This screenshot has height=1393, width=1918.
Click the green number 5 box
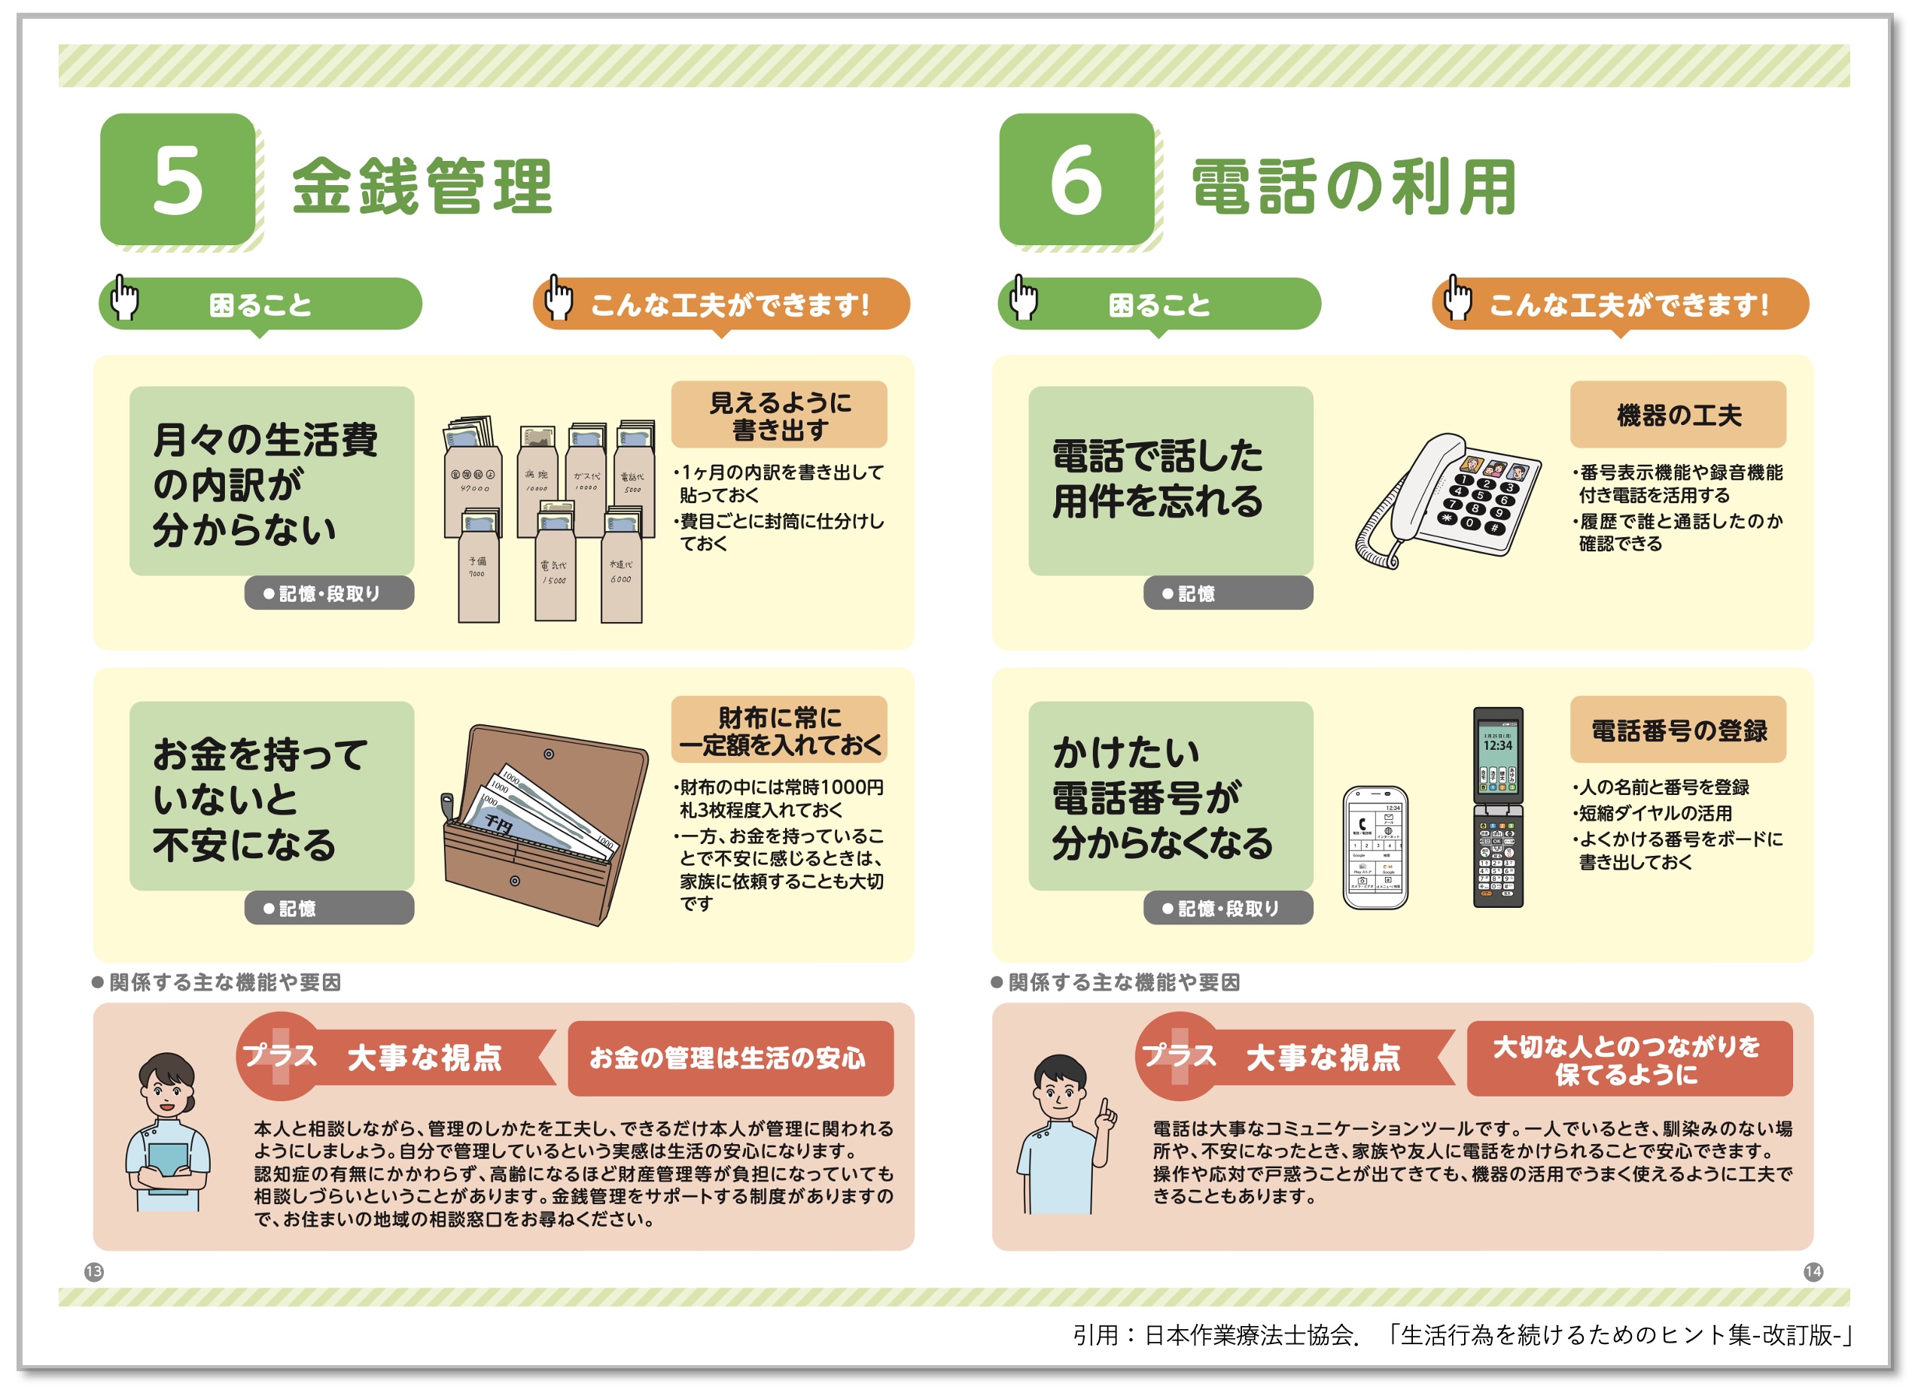click(x=178, y=179)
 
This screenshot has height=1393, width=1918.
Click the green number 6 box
click(x=1076, y=179)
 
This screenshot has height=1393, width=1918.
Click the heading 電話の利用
click(x=1353, y=186)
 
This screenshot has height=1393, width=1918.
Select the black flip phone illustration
click(x=1498, y=807)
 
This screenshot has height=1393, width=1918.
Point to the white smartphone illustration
click(x=1375, y=847)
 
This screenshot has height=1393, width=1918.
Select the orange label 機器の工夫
click(x=1678, y=415)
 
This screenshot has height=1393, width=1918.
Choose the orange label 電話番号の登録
click(x=1678, y=730)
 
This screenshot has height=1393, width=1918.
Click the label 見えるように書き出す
click(x=779, y=415)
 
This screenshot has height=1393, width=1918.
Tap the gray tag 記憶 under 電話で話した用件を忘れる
click(x=1227, y=593)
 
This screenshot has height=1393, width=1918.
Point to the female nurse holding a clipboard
click(x=167, y=1133)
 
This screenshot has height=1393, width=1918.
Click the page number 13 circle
click(x=94, y=1271)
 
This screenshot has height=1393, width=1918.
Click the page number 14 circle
click(x=1813, y=1271)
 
